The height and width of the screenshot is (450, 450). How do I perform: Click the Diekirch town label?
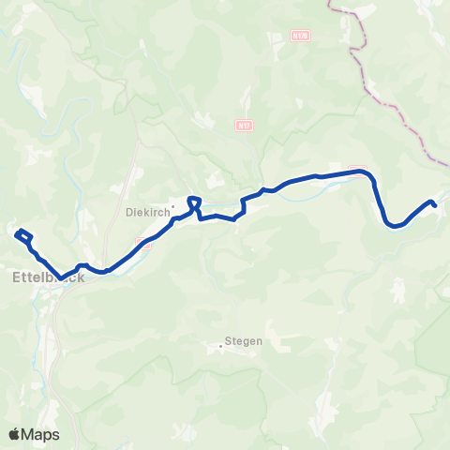pyautogui.click(x=147, y=213)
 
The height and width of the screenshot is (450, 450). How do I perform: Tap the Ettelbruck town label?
pyautogui.click(x=48, y=277)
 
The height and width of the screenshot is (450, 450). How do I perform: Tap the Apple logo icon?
pyautogui.click(x=16, y=434)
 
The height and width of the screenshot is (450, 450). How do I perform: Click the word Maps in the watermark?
pyautogui.click(x=41, y=434)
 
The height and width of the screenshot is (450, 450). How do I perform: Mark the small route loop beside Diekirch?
pyautogui.click(x=194, y=202)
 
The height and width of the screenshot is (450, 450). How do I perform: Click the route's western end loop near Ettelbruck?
pyautogui.click(x=22, y=232)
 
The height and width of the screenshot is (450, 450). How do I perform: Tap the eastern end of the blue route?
pyautogui.click(x=434, y=203)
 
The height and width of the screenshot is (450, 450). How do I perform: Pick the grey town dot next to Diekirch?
pyautogui.click(x=173, y=208)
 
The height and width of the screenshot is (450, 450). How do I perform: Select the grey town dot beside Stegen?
pyautogui.click(x=221, y=346)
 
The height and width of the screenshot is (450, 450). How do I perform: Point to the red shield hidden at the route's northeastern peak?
pyautogui.click(x=358, y=170)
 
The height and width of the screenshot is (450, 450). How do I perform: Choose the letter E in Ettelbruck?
pyautogui.click(x=18, y=277)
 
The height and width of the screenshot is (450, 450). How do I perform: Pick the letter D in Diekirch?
pyautogui.click(x=128, y=213)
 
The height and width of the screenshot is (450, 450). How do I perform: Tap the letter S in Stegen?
pyautogui.click(x=229, y=342)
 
